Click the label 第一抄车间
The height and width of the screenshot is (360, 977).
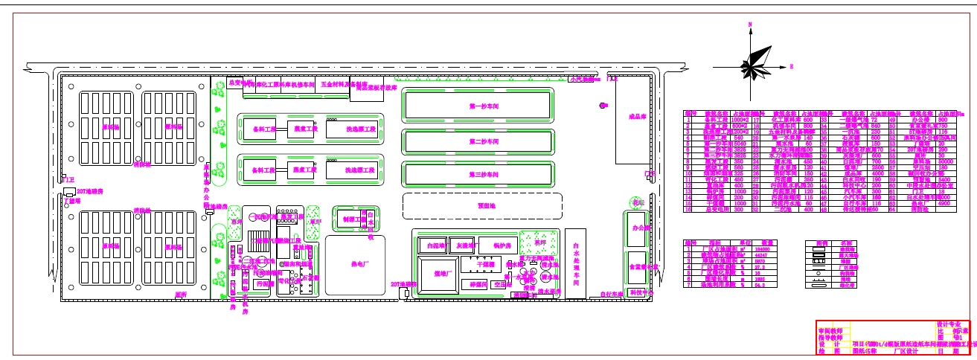[x=483, y=107]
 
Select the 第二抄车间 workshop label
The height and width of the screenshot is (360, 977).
[x=483, y=141]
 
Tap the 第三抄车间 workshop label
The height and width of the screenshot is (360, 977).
[x=483, y=174]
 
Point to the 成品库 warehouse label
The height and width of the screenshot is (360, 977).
[x=636, y=117]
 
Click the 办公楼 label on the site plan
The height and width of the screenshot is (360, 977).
[x=640, y=229]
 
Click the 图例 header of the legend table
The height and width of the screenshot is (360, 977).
[x=821, y=242]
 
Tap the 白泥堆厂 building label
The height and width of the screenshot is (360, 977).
[x=432, y=245]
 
